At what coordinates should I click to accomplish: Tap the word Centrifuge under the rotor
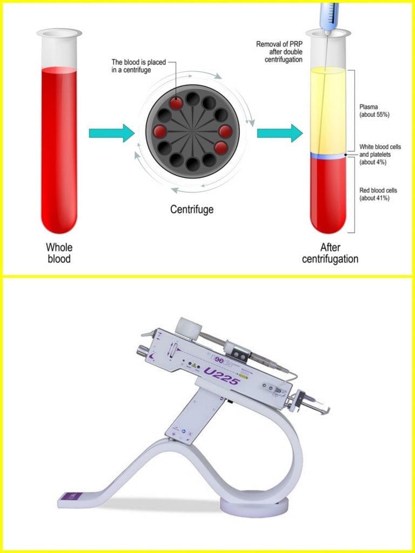pyautogui.click(x=192, y=209)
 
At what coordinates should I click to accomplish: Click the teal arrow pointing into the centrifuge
pyautogui.click(x=111, y=133)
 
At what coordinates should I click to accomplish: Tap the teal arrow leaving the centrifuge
pyautogui.click(x=279, y=133)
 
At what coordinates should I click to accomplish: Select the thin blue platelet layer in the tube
pyautogui.click(x=327, y=156)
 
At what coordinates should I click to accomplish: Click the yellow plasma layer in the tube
pyautogui.click(x=327, y=108)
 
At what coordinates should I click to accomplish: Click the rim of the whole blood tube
pyautogui.click(x=59, y=33)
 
